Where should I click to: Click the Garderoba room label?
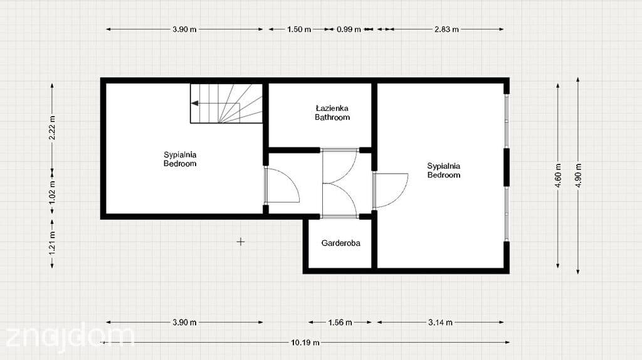(x=340, y=243)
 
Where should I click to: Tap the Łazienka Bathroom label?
(x=332, y=113)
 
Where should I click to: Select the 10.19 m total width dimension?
(x=305, y=342)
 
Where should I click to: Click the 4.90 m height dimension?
(x=578, y=175)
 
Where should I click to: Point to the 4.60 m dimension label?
(x=558, y=175)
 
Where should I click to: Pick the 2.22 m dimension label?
(x=52, y=127)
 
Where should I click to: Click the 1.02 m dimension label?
(x=52, y=192)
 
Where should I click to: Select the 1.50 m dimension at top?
(x=299, y=29)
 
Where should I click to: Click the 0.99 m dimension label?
(x=349, y=29)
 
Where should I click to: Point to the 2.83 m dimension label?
(x=446, y=29)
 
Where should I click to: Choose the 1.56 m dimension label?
(x=340, y=322)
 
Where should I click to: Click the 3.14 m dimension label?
(x=441, y=322)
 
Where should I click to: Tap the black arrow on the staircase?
(x=195, y=103)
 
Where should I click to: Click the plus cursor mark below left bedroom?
(x=240, y=241)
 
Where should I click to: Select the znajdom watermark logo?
(x=70, y=338)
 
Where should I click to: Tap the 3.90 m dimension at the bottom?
(x=184, y=322)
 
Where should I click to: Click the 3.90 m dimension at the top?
(x=184, y=29)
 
